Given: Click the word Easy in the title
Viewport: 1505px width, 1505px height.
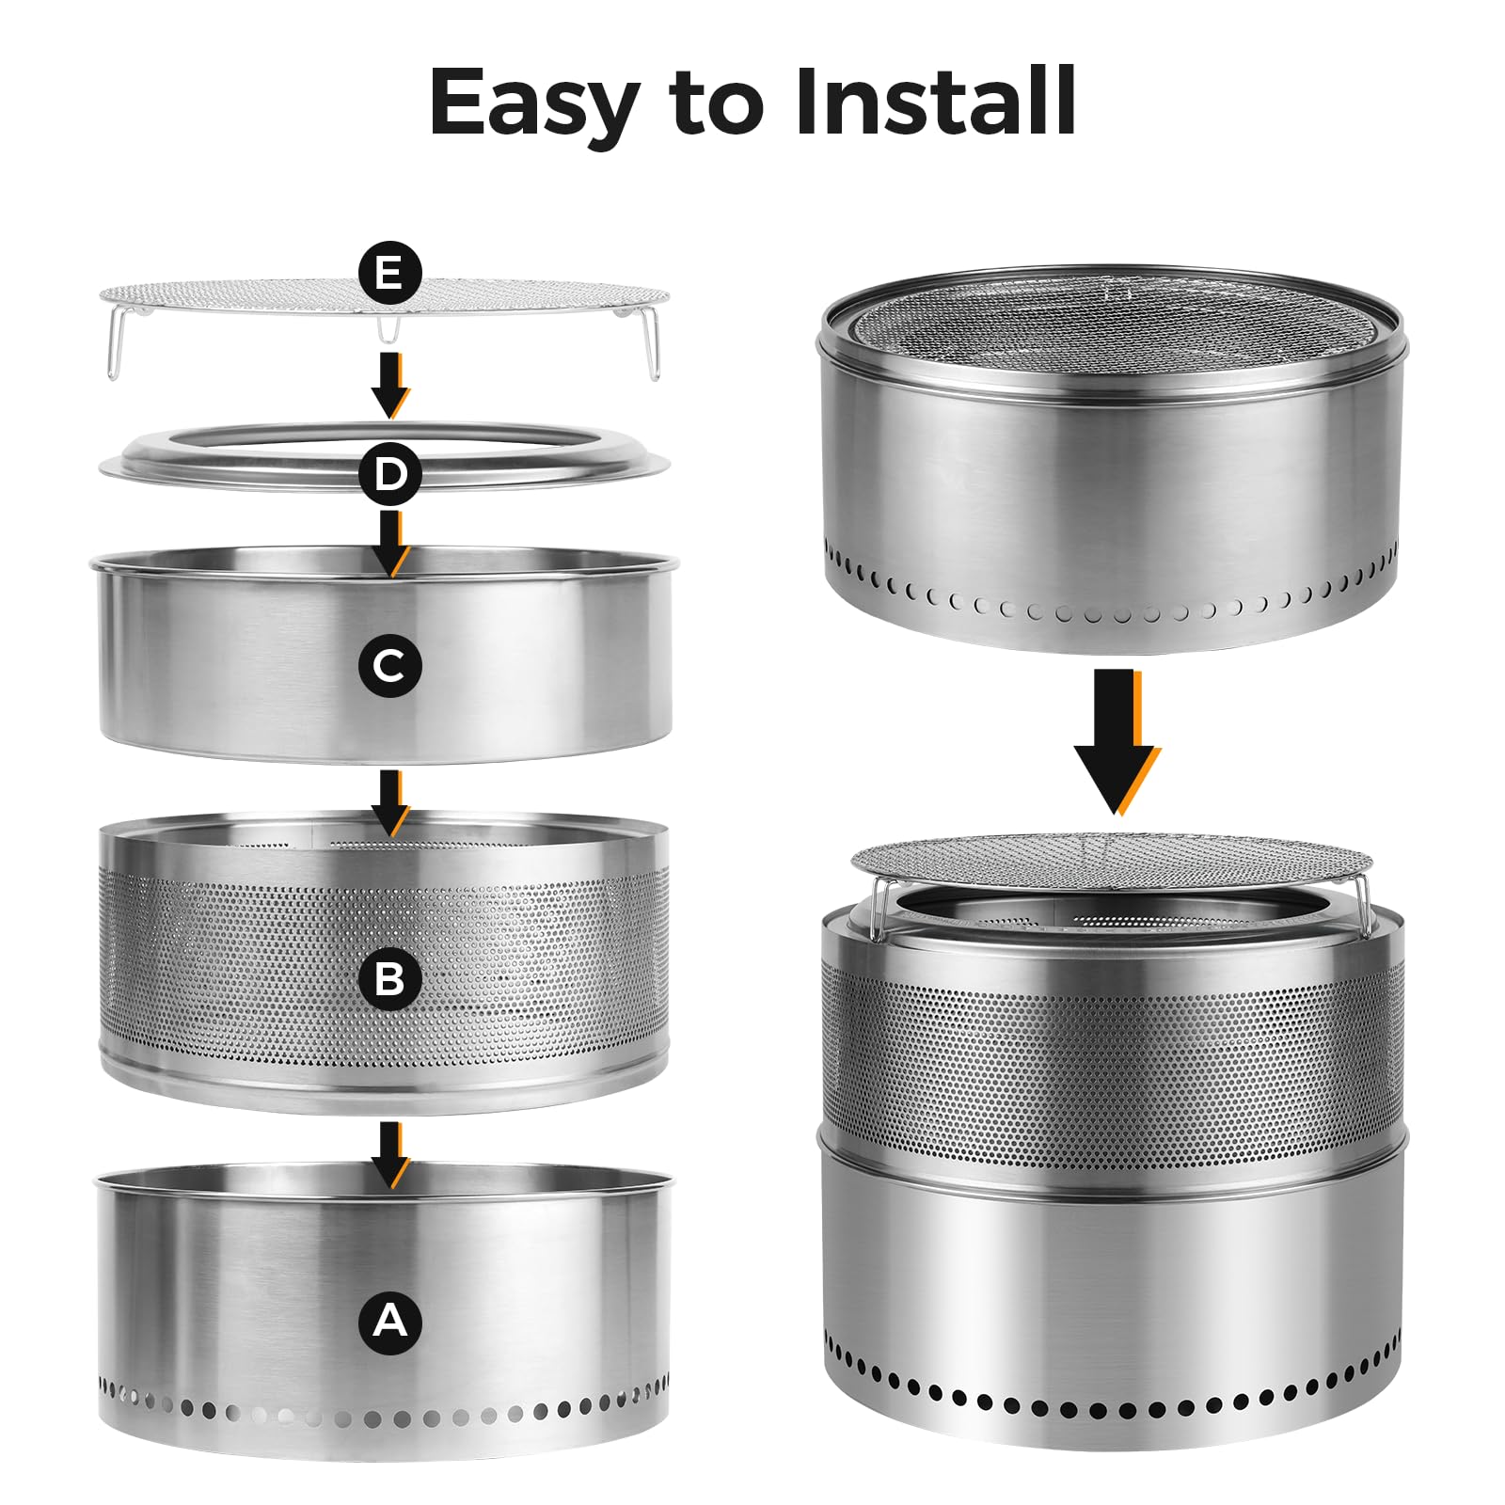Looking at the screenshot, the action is click(x=533, y=104).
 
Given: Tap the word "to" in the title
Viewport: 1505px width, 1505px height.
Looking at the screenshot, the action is click(x=716, y=105).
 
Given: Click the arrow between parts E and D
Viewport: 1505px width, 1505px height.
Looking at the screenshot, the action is click(x=389, y=386).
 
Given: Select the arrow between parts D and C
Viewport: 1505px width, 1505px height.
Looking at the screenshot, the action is click(x=389, y=544).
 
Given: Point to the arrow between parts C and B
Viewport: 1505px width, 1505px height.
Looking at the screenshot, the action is click(x=389, y=802).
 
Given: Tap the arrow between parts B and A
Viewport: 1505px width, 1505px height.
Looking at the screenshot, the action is click(x=389, y=1154).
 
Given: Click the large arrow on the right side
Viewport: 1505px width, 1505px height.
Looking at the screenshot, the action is click(x=1117, y=741).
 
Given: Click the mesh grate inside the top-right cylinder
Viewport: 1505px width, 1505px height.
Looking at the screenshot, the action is click(x=1112, y=320).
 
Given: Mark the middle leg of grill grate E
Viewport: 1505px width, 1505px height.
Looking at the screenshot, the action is click(x=388, y=328).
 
